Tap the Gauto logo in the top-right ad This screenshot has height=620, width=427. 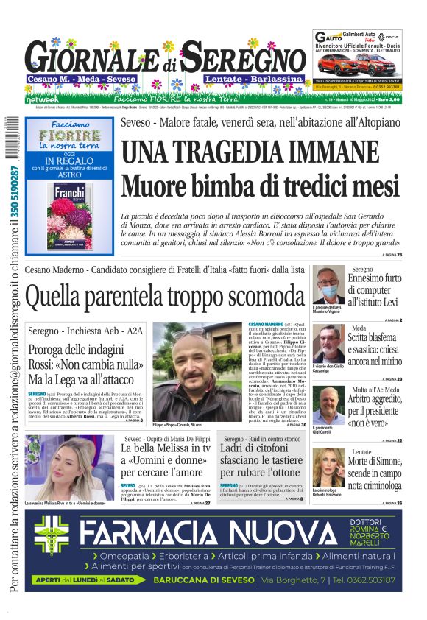coord(328,37)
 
